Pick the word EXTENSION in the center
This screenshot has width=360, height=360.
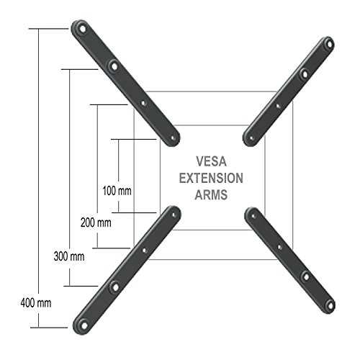pyautogui.click(x=211, y=179)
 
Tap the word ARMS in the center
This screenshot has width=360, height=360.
pyautogui.click(x=210, y=194)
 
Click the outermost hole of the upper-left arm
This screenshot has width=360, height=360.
pyautogui.click(x=82, y=31)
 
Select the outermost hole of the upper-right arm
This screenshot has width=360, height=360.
pyautogui.click(x=329, y=46)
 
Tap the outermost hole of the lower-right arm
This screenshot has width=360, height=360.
pyautogui.click(x=329, y=303)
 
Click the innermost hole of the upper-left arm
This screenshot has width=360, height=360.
pyautogui.click(x=171, y=135)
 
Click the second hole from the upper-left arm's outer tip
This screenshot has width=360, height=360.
pyautogui.click(x=112, y=66)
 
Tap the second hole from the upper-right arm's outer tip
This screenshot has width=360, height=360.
pyautogui.click(x=304, y=73)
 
